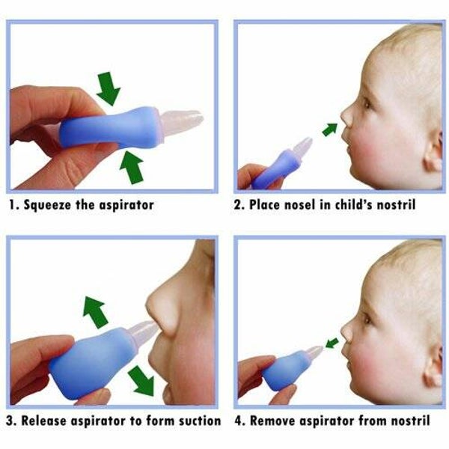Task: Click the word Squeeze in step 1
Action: (47, 206)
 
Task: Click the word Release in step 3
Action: (44, 421)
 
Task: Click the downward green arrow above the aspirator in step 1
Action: (109, 88)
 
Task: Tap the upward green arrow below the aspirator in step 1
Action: (132, 167)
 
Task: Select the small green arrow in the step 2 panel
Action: (330, 129)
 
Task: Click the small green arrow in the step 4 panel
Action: (332, 343)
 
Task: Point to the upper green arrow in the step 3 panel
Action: (94, 312)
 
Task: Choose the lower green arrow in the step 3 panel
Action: (141, 381)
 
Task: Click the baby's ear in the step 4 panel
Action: (434, 367)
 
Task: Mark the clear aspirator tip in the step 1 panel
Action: (181, 123)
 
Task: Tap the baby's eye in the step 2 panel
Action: (367, 103)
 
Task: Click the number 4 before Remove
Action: (239, 421)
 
